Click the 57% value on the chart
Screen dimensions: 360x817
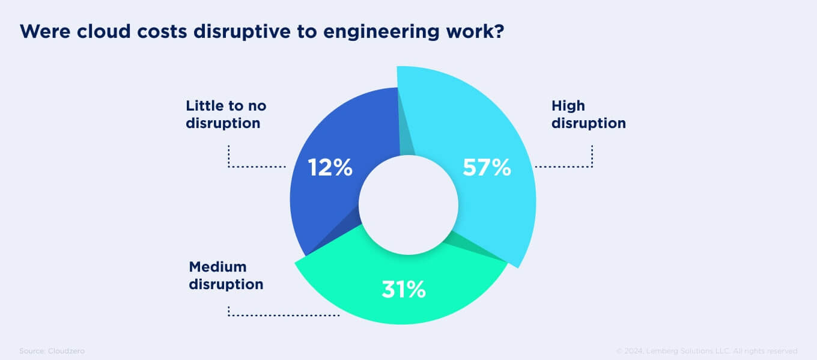[x=487, y=168]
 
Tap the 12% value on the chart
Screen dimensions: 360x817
[x=330, y=168]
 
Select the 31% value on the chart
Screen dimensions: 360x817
[x=404, y=290]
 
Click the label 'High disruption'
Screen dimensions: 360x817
[x=588, y=115]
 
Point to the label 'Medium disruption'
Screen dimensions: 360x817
[x=226, y=275]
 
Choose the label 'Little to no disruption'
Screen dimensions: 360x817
[x=226, y=115]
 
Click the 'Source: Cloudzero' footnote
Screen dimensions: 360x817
[x=52, y=350]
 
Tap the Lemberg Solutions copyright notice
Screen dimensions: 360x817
[x=707, y=350]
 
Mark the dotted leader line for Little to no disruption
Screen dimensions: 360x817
[x=257, y=166]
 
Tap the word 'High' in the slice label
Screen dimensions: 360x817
[x=568, y=106]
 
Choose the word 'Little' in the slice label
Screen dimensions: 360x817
[x=202, y=106]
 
